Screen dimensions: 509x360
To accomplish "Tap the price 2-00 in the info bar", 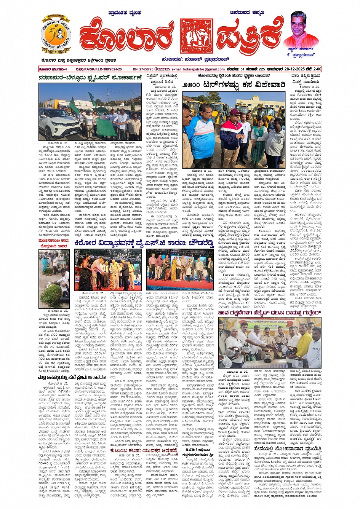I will coord(317,69).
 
